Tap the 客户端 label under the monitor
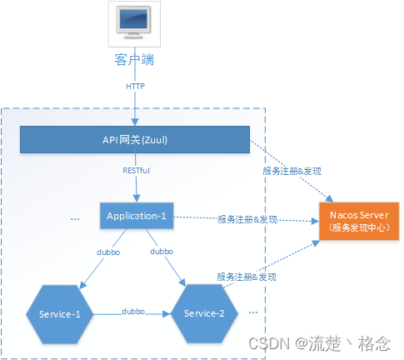(x=135, y=60)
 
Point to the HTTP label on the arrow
(x=135, y=86)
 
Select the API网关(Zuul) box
(x=135, y=140)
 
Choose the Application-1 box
(x=136, y=216)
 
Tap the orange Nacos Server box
(x=356, y=221)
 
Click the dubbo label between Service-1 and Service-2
(x=133, y=311)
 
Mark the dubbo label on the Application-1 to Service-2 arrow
(x=162, y=250)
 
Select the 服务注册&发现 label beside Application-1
(x=247, y=219)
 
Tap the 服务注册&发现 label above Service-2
(x=247, y=276)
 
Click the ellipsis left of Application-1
(x=74, y=219)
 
